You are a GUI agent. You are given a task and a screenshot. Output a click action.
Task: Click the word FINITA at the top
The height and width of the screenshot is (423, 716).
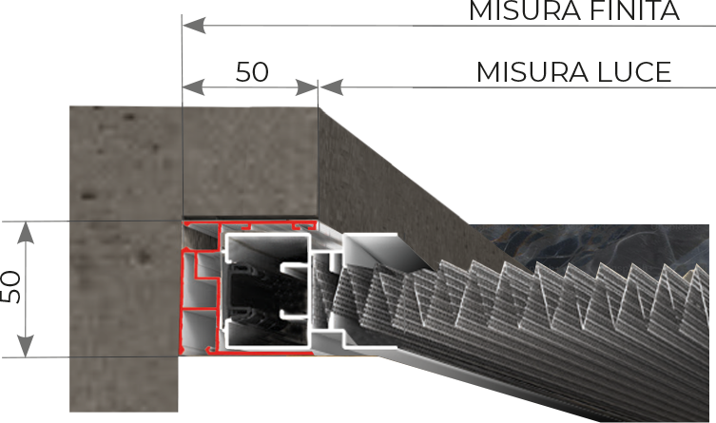[634, 10]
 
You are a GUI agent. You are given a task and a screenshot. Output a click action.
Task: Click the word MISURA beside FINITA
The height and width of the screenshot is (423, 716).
[524, 10]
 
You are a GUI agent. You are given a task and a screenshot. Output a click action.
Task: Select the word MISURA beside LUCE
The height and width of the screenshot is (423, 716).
[532, 72]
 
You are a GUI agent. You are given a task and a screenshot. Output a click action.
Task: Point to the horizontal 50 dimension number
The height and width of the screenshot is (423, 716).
[252, 71]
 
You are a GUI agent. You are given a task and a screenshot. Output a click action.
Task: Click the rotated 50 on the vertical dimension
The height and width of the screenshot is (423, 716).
[11, 287]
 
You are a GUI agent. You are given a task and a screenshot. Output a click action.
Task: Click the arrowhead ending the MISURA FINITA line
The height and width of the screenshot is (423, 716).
[194, 25]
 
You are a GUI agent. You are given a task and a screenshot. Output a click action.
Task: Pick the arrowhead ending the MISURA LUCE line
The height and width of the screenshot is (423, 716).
[332, 87]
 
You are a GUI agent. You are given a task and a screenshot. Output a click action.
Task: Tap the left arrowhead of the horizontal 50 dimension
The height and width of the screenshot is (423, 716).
[194, 87]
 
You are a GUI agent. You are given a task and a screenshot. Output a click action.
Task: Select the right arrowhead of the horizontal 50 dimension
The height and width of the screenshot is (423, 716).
[306, 87]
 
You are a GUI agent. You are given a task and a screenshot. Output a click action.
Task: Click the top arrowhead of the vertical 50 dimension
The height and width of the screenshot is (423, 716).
[26, 233]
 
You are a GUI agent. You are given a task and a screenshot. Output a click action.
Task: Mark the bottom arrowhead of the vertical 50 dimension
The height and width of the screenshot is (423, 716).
[26, 346]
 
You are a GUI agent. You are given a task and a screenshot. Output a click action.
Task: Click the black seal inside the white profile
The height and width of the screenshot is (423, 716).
[249, 292]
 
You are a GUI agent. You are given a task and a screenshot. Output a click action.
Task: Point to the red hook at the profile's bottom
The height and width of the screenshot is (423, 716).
[211, 349]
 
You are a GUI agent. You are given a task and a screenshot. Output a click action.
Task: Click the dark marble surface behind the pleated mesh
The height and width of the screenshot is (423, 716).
[589, 246]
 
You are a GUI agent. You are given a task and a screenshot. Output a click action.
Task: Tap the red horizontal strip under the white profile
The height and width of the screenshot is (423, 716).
[265, 353]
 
